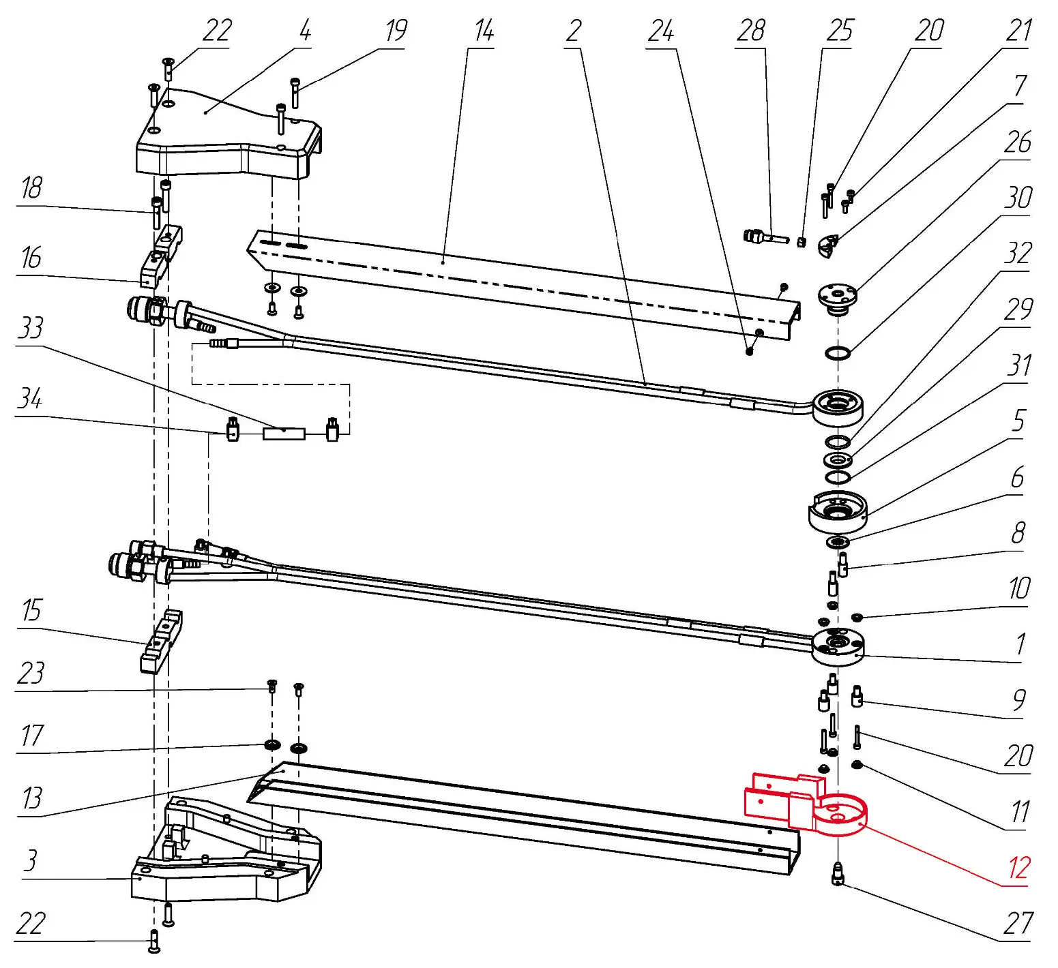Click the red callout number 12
point(1018,868)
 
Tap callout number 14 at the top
point(484,31)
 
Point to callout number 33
point(31,328)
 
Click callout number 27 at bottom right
point(1018,924)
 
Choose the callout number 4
point(305,31)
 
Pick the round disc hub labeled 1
point(838,648)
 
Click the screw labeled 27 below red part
point(838,874)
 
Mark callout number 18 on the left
point(31,188)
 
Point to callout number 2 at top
point(574,31)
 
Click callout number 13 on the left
point(31,798)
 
